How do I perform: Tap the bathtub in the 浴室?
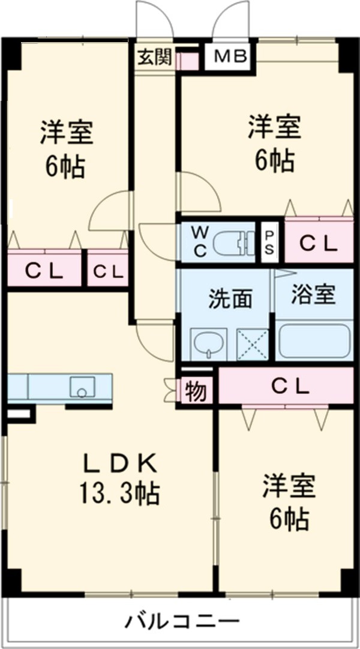click(314, 342)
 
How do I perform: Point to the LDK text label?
click(119, 463)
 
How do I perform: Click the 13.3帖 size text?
click(119, 494)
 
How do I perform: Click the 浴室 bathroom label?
click(313, 295)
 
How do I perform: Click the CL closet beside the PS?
click(319, 243)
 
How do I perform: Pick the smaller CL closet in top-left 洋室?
click(108, 271)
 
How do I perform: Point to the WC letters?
click(200, 242)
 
